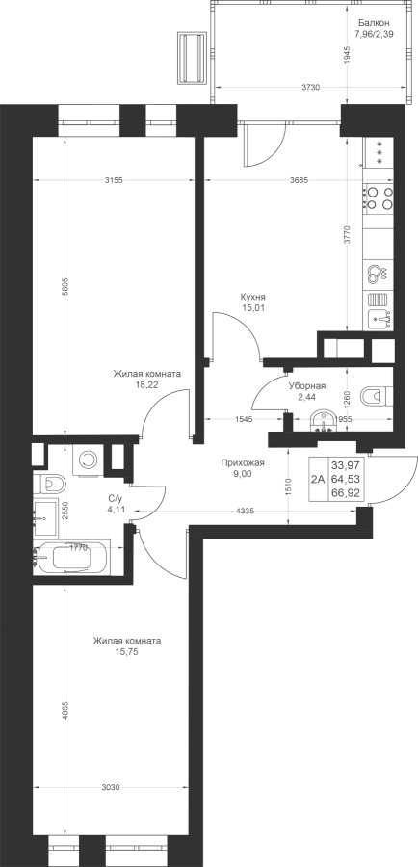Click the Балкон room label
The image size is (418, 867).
click(374, 23)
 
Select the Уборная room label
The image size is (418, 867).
click(307, 387)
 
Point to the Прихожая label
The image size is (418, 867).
click(243, 463)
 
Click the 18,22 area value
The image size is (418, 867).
click(146, 384)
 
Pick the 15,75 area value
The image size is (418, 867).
click(126, 652)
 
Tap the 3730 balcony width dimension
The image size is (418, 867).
click(310, 88)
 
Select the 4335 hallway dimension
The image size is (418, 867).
click(245, 512)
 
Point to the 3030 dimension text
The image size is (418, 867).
click(111, 787)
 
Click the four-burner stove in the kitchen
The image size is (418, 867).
click(379, 198)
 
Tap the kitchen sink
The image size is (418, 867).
click(379, 318)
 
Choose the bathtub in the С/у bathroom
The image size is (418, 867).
click(72, 556)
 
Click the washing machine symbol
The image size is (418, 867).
click(87, 460)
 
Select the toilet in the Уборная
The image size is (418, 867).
click(377, 395)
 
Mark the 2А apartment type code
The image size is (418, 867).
click(318, 480)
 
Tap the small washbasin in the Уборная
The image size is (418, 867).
click(324, 421)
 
